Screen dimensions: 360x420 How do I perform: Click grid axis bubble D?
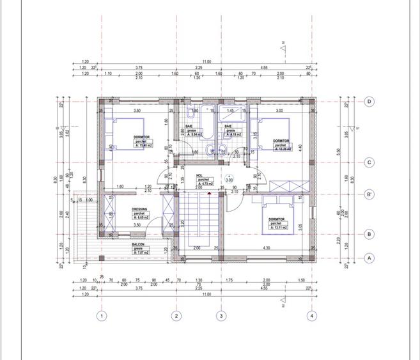coord(369,102)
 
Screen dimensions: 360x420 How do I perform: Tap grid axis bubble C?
coord(369,162)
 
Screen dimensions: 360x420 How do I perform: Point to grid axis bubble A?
coord(369,258)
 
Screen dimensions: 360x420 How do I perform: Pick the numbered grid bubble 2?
coord(176,316)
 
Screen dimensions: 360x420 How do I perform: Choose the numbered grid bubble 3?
coord(221,316)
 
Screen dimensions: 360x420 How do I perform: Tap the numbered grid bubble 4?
coord(311,316)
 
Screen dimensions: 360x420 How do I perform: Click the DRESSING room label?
coord(140,209)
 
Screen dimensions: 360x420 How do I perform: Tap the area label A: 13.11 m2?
coord(277,227)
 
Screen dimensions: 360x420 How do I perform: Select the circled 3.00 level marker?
coord(229,180)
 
